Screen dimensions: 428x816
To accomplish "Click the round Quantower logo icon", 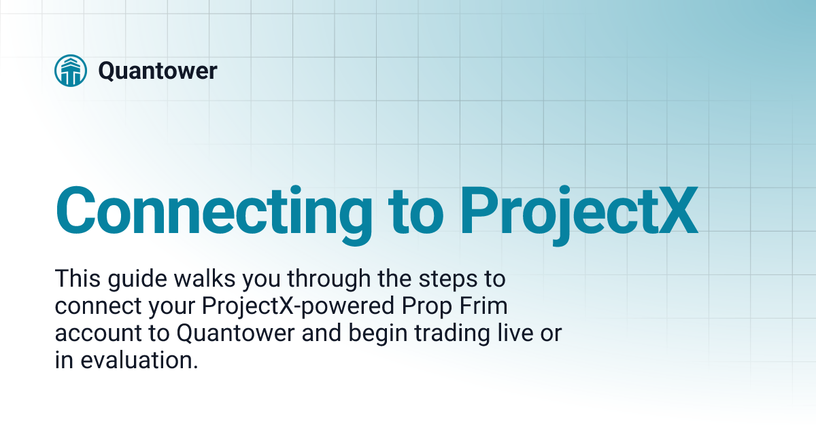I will (70, 71).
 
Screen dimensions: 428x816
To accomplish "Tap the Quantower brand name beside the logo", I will (157, 71).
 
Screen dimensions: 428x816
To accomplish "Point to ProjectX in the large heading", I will (579, 210).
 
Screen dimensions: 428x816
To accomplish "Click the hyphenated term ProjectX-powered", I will (297, 307).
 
